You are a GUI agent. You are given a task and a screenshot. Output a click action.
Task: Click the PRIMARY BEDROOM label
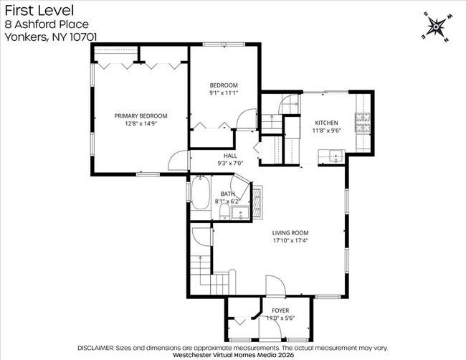tap(141, 115)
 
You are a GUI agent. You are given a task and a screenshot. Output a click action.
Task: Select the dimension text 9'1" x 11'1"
tap(223, 92)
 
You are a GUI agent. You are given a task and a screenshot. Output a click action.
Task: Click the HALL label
tap(230, 155)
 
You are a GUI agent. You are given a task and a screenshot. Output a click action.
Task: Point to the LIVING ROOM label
tap(290, 232)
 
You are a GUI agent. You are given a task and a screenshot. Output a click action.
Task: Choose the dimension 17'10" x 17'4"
tap(290, 240)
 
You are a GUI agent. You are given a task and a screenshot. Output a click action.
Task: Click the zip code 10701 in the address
tap(82, 36)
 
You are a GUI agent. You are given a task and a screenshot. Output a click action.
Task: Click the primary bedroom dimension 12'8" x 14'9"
tap(141, 123)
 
